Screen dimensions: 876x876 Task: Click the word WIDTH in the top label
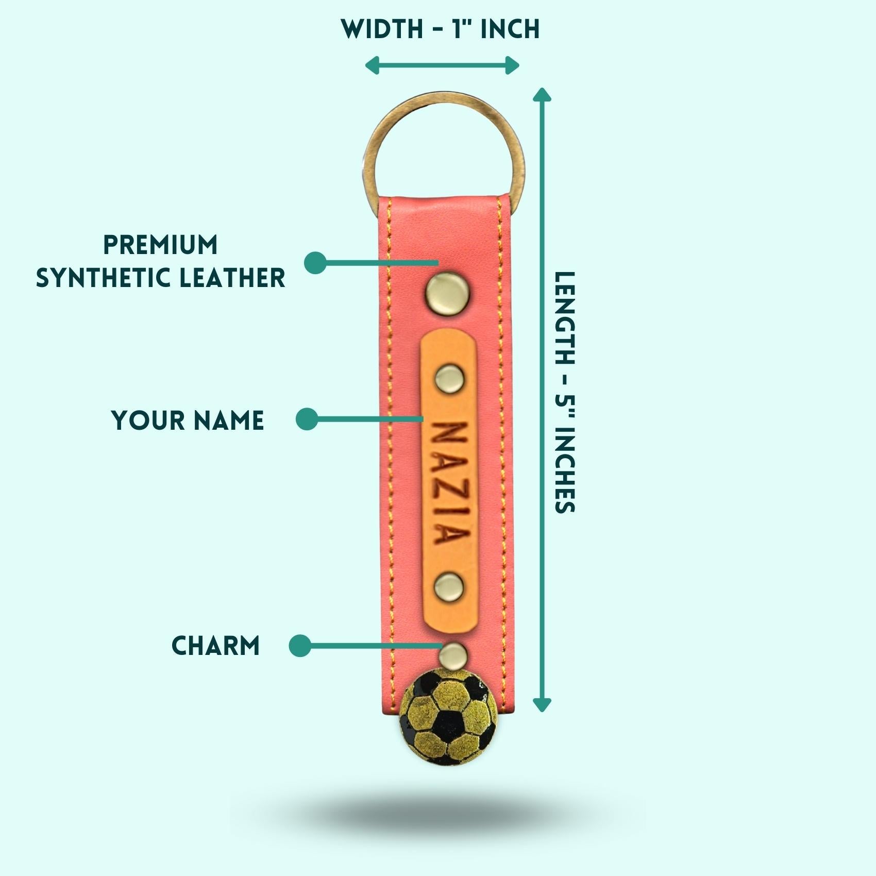click(x=382, y=29)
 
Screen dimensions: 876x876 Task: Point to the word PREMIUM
click(x=160, y=245)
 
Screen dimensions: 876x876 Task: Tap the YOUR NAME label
click(x=188, y=420)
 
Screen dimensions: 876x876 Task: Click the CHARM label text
click(x=215, y=646)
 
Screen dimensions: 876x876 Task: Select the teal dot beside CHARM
click(x=300, y=646)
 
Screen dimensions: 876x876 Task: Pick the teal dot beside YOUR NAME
click(x=307, y=419)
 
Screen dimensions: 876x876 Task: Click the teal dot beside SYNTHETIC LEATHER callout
click(x=315, y=263)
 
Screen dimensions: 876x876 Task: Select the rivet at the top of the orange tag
click(x=449, y=379)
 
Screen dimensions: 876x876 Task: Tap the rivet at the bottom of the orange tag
click(x=448, y=587)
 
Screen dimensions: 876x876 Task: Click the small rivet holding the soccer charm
click(x=453, y=654)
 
